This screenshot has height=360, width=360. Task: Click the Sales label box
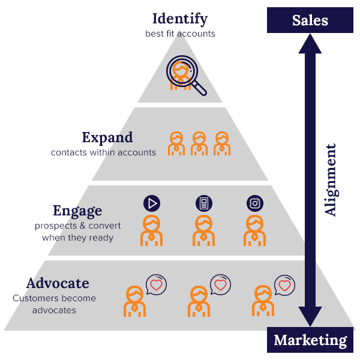pyautogui.click(x=310, y=20)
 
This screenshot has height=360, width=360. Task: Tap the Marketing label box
pyautogui.click(x=310, y=341)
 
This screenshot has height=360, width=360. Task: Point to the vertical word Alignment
pyautogui.click(x=331, y=179)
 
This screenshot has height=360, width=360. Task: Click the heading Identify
pyautogui.click(x=180, y=19)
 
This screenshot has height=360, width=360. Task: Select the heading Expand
pyautogui.click(x=107, y=137)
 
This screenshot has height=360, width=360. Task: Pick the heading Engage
pyautogui.click(x=77, y=211)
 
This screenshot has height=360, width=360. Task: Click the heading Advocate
pyautogui.click(x=58, y=283)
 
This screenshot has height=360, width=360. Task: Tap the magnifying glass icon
pyautogui.click(x=185, y=74)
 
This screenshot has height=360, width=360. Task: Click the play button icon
pyautogui.click(x=152, y=203)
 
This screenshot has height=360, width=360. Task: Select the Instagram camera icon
pyautogui.click(x=255, y=203)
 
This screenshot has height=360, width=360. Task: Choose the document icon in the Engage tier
pyautogui.click(x=204, y=203)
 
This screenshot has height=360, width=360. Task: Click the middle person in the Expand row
pyautogui.click(x=199, y=144)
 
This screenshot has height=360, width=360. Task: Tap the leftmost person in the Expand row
pyautogui.click(x=176, y=144)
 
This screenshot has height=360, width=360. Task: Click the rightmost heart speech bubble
pyautogui.click(x=284, y=284)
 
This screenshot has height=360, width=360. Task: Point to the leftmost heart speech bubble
pyautogui.click(x=156, y=284)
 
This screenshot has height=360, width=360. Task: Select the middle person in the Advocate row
pyautogui.click(x=199, y=301)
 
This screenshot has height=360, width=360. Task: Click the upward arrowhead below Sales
pyautogui.click(x=310, y=44)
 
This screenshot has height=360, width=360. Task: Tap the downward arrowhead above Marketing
pyautogui.click(x=310, y=316)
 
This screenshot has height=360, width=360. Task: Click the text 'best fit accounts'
pyautogui.click(x=180, y=34)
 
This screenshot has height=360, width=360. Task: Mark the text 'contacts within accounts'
pyautogui.click(x=103, y=152)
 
